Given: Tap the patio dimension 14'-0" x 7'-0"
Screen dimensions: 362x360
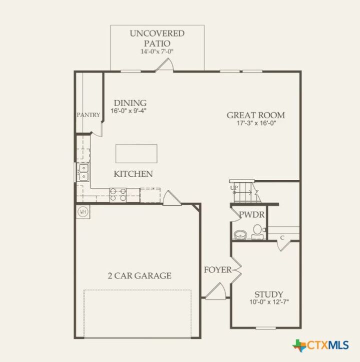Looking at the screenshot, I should click(x=157, y=52).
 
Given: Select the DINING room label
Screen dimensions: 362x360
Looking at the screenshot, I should click(x=129, y=103).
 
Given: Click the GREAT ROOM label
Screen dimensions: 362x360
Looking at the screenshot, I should click(x=255, y=115).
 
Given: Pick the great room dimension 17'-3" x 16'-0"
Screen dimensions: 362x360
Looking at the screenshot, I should click(x=255, y=123).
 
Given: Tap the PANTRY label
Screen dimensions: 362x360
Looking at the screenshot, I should click(x=88, y=115).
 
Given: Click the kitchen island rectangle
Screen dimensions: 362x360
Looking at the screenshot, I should click(x=136, y=153).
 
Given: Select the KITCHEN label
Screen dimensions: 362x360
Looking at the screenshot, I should click(x=133, y=174).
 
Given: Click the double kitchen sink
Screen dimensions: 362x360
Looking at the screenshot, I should click(x=82, y=172).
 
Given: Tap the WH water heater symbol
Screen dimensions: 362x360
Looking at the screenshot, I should click(x=82, y=211).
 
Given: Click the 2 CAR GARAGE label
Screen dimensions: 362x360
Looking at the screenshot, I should click(x=139, y=275).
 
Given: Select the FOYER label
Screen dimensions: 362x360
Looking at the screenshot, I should click(x=217, y=270).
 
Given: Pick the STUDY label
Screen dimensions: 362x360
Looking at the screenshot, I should click(x=268, y=294).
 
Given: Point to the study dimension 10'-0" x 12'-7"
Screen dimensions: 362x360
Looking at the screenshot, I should click(x=268, y=302).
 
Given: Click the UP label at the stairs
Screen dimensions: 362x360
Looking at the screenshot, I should click(x=234, y=188).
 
